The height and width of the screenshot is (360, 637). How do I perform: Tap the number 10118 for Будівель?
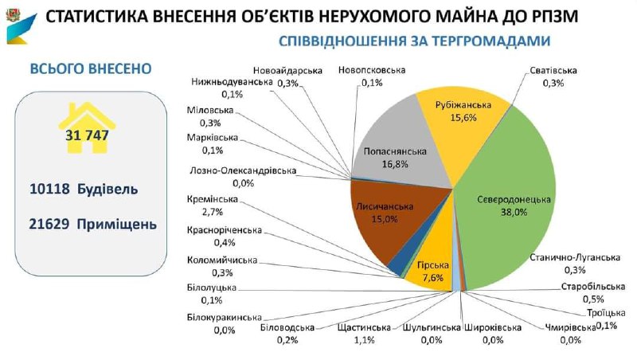[49, 190]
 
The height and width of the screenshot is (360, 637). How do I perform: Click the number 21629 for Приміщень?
[49, 225]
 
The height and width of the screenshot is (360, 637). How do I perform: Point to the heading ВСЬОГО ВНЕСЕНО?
[89, 68]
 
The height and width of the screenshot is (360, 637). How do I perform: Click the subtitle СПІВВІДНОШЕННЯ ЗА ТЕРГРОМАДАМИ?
[415, 41]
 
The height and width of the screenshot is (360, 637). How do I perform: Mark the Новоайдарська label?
[290, 71]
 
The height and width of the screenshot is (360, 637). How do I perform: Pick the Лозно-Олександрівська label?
[244, 171]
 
